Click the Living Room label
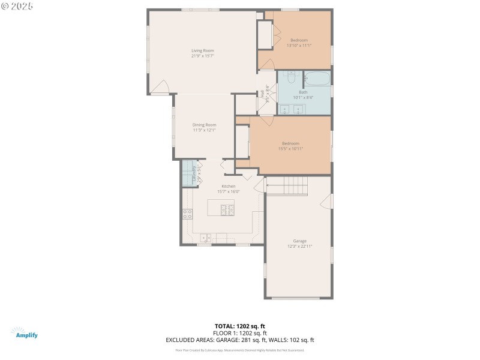[x=203, y=50]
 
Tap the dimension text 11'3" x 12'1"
[x=204, y=130]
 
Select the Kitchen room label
[x=229, y=187]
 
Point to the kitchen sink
[x=205, y=237]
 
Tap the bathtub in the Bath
[x=317, y=79]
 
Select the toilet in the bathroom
[x=291, y=77]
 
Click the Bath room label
[x=303, y=92]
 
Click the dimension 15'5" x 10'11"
[x=291, y=148]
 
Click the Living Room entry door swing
[x=160, y=89]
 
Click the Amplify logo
[x=25, y=333]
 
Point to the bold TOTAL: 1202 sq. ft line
[x=239, y=326]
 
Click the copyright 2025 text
[x=17, y=5]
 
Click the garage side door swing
[x=325, y=202]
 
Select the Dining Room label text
[x=204, y=125]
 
